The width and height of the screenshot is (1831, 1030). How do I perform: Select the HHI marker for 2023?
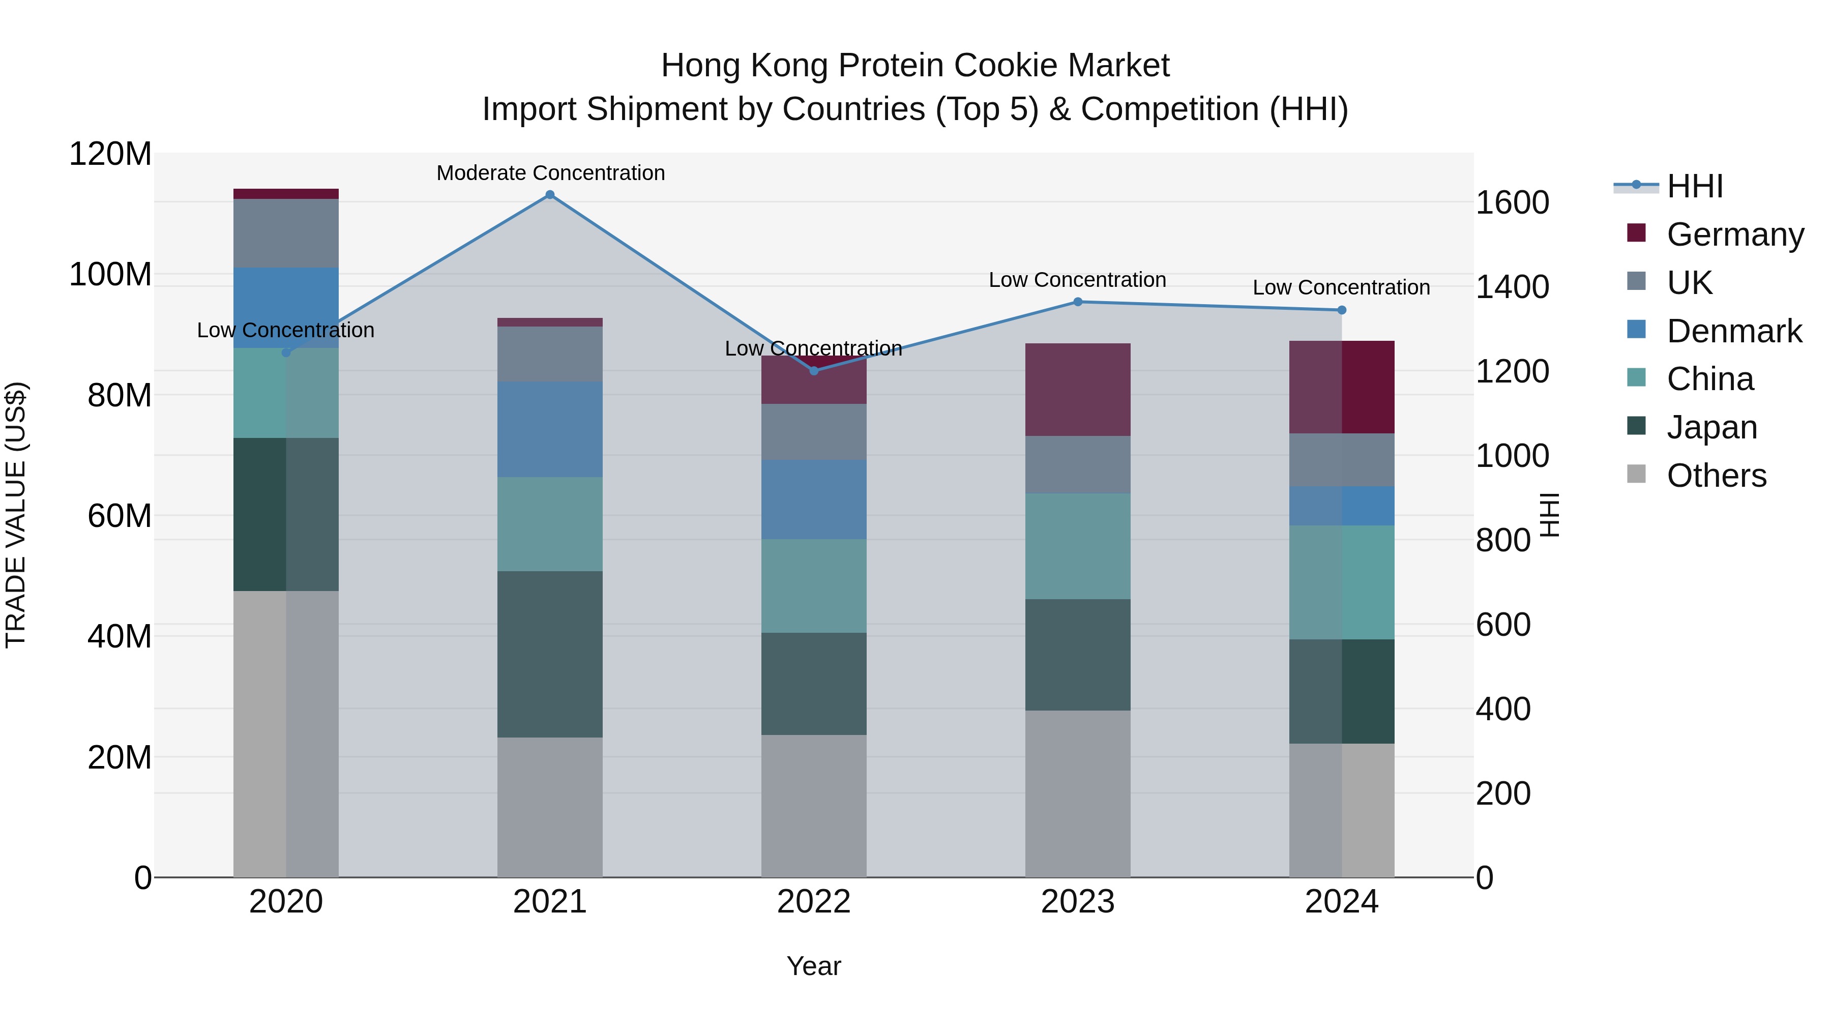coord(1078,302)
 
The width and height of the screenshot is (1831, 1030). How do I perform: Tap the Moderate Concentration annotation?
coord(550,173)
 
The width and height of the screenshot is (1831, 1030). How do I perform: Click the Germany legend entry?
coord(1734,234)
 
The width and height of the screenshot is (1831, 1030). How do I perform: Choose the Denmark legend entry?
coord(1734,331)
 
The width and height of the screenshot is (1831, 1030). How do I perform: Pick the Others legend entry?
coord(1716,476)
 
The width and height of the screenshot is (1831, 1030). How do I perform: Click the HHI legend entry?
coord(1695,186)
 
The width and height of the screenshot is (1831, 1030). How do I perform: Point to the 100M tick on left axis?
coord(110,274)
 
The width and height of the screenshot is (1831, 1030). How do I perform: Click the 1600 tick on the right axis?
coord(1512,202)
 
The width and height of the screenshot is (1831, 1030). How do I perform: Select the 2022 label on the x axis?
coord(814,902)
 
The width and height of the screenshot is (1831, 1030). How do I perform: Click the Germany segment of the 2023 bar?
coord(1078,390)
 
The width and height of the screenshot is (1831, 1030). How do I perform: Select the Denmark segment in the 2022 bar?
coord(814,499)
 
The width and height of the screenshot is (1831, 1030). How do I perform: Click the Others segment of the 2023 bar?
coord(1078,793)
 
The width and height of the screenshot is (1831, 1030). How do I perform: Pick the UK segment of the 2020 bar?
coord(286,233)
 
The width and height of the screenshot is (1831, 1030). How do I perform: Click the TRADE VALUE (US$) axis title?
coord(16,515)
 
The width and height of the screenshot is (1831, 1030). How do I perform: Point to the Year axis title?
coord(814,966)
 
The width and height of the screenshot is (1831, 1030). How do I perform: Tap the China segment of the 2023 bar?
coord(1078,546)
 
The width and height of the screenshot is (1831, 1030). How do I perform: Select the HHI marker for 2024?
coord(1341,310)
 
